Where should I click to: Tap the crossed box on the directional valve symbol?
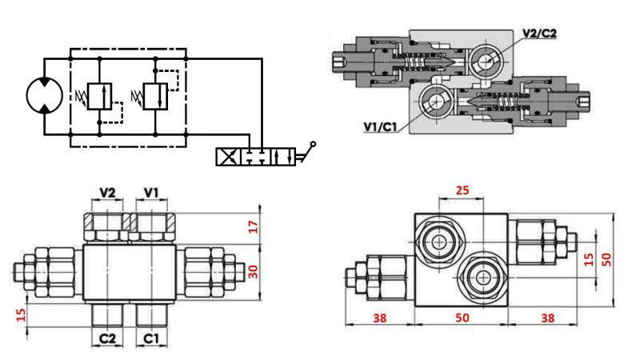click(228, 155)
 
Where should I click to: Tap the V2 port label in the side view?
click(107, 193)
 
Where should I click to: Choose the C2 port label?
click(107, 338)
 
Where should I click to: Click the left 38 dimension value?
click(379, 317)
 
